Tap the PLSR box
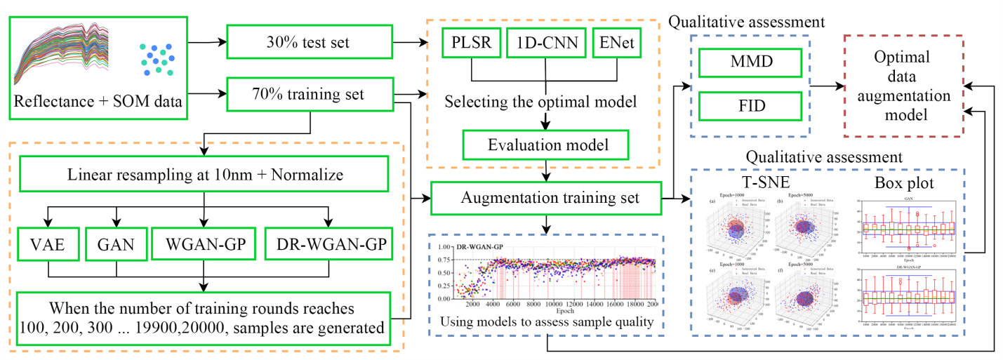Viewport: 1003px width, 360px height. (469, 44)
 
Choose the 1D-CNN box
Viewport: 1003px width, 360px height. (545, 44)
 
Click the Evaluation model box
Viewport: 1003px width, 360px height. (545, 146)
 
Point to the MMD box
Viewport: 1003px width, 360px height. (750, 64)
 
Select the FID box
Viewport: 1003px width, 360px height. (750, 106)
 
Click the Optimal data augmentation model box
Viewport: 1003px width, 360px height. (903, 86)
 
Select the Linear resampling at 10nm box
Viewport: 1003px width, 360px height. (202, 174)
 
